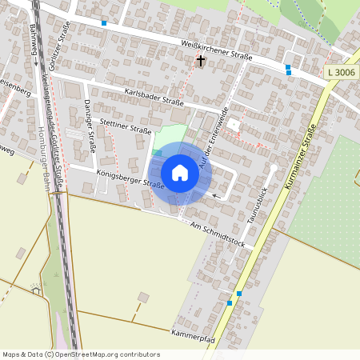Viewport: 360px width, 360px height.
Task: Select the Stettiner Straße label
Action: click(125, 125)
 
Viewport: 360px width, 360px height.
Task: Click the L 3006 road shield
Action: click(342, 73)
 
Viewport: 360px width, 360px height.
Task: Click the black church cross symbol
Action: click(200, 62)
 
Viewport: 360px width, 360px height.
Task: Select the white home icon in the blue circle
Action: click(179, 173)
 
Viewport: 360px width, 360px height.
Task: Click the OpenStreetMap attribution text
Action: click(82, 354)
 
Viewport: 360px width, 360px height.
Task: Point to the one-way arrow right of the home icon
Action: click(214, 194)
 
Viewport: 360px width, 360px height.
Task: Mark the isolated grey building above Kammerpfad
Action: click(143, 298)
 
